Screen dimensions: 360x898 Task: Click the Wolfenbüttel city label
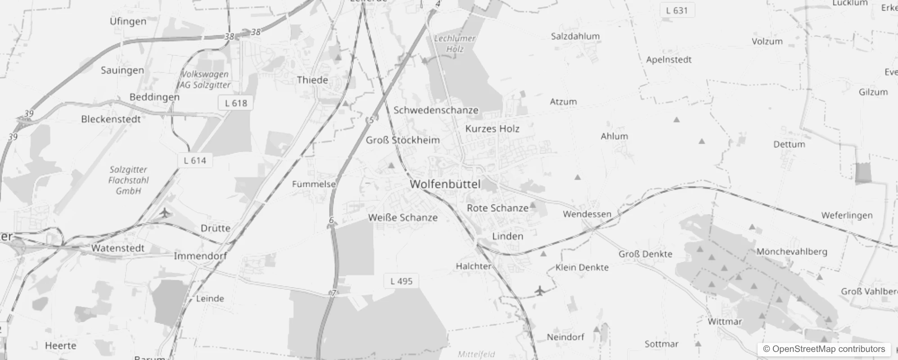pos(445,184)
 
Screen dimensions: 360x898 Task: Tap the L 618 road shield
pos(236,103)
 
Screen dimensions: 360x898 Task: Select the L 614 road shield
pos(195,161)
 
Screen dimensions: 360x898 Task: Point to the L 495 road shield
pos(401,281)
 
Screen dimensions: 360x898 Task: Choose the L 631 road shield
pos(677,10)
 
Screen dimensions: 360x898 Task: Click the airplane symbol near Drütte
pos(166,212)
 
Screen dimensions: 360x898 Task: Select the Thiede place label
pos(312,80)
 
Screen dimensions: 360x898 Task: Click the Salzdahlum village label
pos(575,36)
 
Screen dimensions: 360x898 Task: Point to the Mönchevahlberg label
pos(791,252)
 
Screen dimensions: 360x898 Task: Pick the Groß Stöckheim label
pos(403,140)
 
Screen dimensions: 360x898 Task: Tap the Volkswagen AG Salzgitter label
pos(205,80)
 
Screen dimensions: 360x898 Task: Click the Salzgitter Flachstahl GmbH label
pos(128,180)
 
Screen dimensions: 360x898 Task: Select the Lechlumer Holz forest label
pos(454,44)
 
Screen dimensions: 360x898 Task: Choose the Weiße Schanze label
pos(403,218)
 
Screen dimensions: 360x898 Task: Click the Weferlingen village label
pos(847,216)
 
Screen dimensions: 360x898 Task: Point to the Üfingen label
pos(128,21)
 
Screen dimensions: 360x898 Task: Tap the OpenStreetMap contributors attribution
pos(824,349)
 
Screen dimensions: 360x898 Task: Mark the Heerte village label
pos(60,346)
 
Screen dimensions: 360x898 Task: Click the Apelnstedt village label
pos(669,60)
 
